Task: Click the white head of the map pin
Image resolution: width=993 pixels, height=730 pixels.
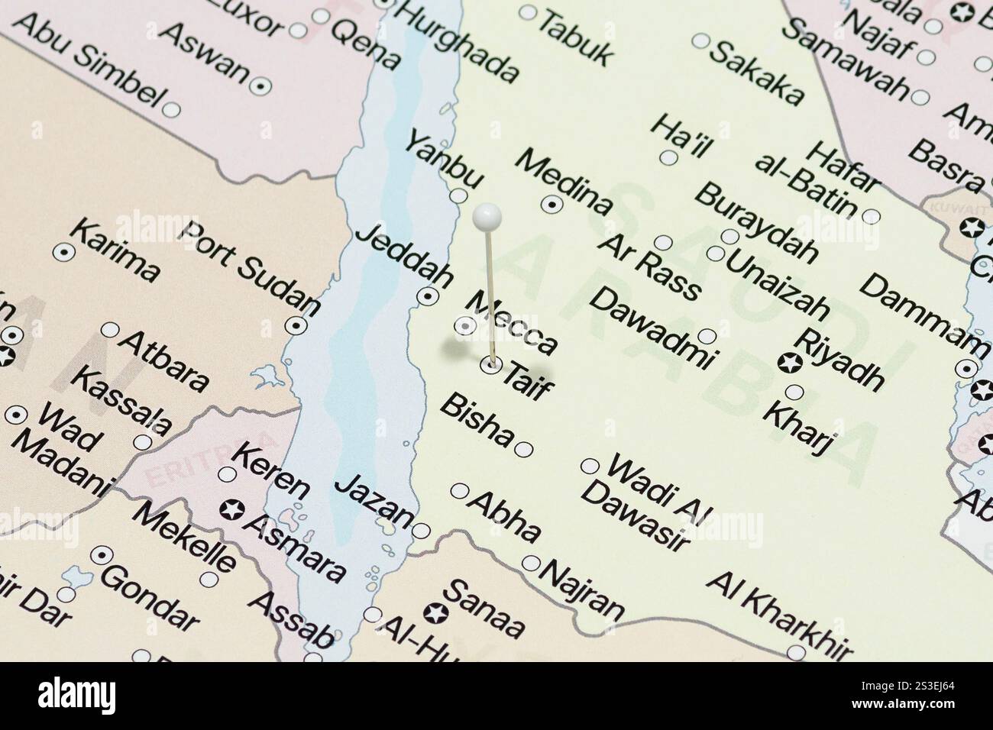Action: tap(486, 217)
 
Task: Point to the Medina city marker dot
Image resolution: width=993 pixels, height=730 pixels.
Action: tap(551, 204)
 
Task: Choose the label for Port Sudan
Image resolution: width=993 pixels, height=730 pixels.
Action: tap(248, 267)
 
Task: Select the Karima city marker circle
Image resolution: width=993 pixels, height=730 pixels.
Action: tap(62, 250)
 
